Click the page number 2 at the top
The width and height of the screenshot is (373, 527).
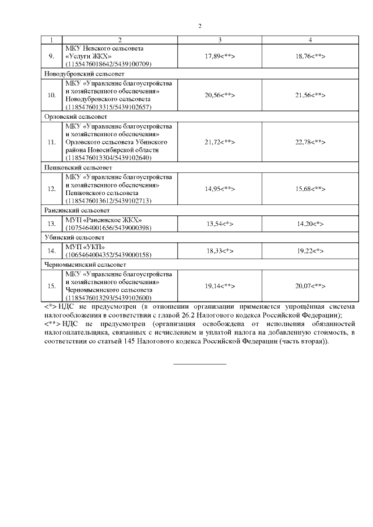[x=200, y=26]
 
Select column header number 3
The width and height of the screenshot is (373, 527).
[x=220, y=40]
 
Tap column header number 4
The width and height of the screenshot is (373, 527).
[x=310, y=40]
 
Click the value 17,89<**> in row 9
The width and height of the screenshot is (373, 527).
[x=220, y=55]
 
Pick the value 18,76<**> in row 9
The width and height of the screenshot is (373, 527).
[x=310, y=55]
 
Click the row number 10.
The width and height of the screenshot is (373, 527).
[x=51, y=95]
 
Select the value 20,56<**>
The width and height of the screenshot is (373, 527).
[x=220, y=95]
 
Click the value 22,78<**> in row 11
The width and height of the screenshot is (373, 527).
[x=310, y=142]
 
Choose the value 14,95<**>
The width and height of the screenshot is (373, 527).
[x=220, y=189]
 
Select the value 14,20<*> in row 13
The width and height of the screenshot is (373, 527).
[x=310, y=223]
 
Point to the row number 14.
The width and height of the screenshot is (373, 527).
[x=51, y=250]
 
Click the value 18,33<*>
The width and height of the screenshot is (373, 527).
[x=220, y=250]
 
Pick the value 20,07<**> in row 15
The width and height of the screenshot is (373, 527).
[x=310, y=287]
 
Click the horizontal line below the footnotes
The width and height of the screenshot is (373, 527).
[x=200, y=365]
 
